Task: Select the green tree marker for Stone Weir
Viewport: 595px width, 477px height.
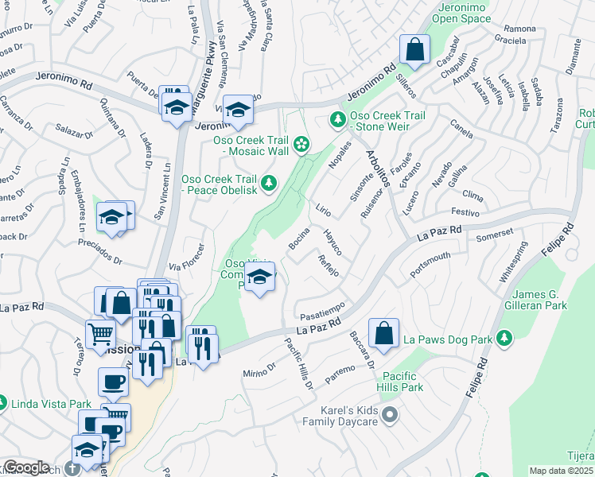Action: click(337, 120)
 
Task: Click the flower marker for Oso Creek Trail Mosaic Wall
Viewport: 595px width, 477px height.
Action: click(301, 144)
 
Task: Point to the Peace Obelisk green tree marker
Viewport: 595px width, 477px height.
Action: click(270, 184)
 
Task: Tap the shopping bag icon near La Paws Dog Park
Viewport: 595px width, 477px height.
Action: click(383, 335)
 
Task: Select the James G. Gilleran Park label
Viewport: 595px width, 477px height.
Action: click(546, 301)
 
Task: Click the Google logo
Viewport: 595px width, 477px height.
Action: click(26, 467)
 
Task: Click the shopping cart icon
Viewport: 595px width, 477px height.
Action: click(100, 333)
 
